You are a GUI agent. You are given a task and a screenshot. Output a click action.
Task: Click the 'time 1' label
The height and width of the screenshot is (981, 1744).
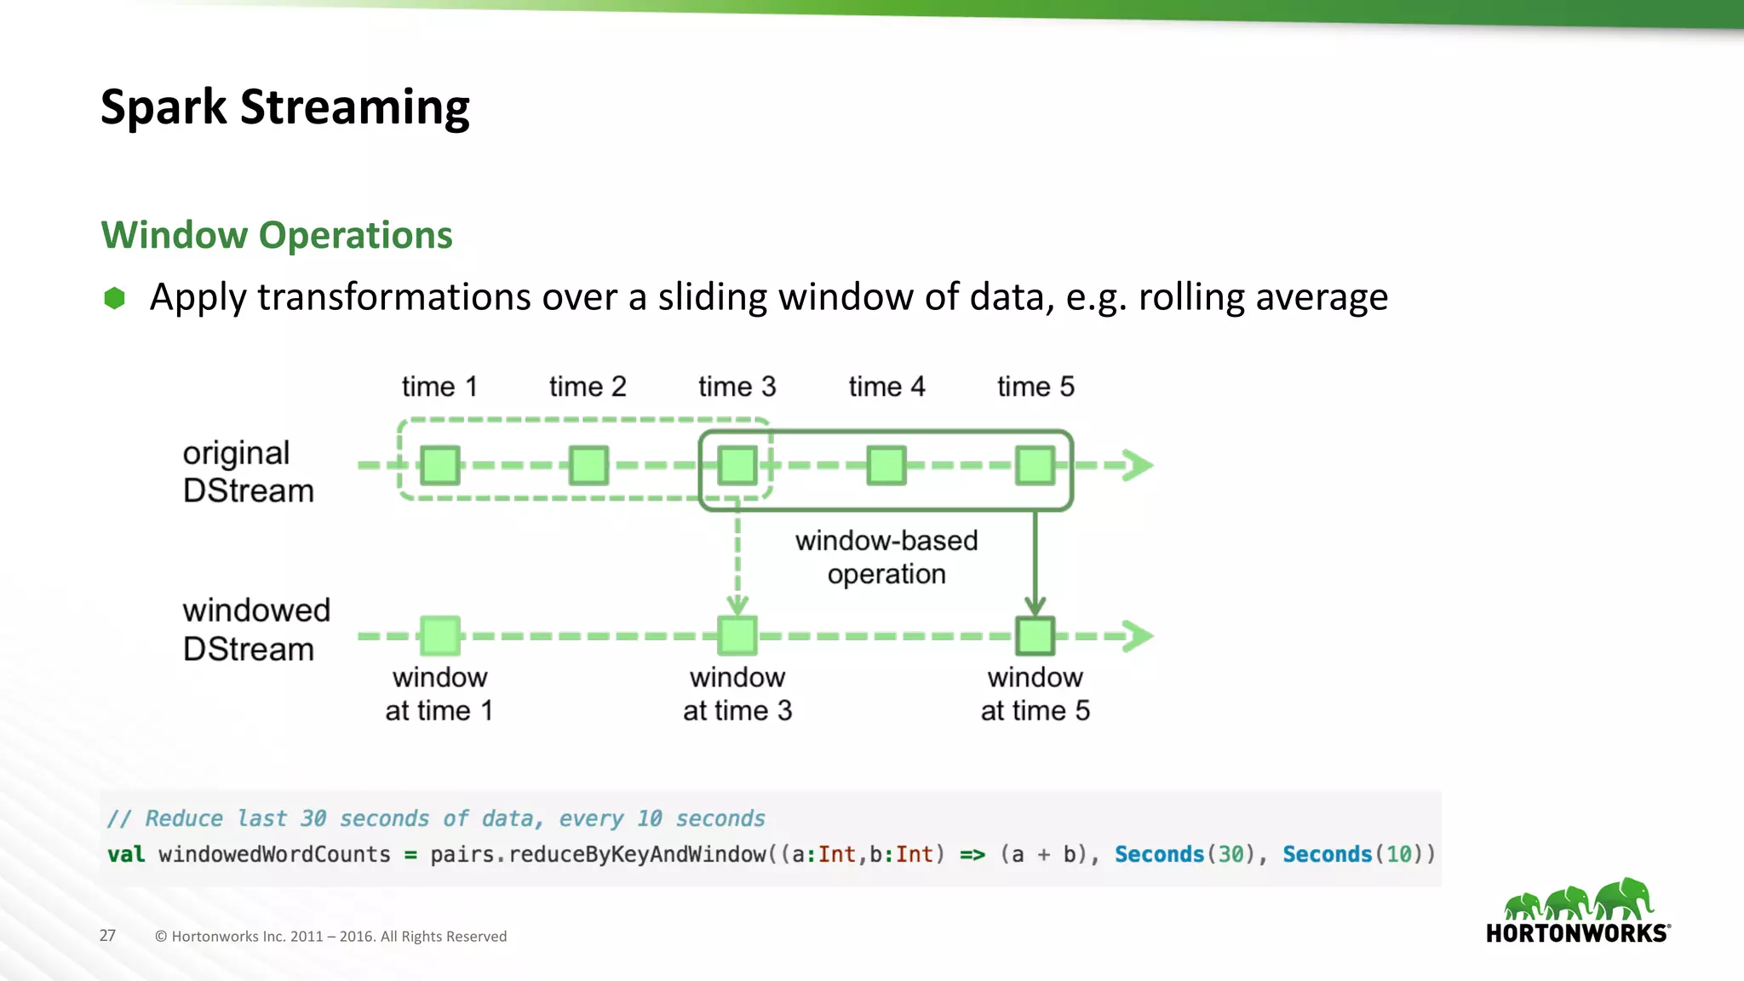439,387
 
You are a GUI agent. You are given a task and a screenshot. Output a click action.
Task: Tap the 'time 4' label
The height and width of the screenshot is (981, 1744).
886,387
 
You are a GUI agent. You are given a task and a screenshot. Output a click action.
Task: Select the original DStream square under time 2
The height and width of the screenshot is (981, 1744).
588,466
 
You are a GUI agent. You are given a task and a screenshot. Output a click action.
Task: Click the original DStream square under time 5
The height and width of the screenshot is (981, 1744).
1035,466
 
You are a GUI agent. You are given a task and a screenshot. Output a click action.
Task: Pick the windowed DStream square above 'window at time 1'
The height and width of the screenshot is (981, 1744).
440,636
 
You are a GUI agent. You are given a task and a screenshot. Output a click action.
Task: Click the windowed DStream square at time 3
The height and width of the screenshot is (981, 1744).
737,636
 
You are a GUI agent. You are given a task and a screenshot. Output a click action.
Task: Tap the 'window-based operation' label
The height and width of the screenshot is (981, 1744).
886,557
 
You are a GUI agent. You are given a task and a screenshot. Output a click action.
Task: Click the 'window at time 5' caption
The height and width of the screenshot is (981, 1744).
1035,694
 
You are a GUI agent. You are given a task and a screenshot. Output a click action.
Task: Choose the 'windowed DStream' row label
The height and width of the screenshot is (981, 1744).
255,629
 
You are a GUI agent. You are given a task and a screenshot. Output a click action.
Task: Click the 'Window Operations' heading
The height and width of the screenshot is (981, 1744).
277,235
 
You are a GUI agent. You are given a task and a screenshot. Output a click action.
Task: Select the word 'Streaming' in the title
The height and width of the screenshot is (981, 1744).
354,108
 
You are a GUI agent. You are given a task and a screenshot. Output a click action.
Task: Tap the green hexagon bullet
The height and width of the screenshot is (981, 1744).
114,298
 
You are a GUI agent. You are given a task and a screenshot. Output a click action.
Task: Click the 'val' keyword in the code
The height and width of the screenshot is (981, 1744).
126,854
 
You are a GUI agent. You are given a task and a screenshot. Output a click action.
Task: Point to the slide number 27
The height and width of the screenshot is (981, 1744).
107,936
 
